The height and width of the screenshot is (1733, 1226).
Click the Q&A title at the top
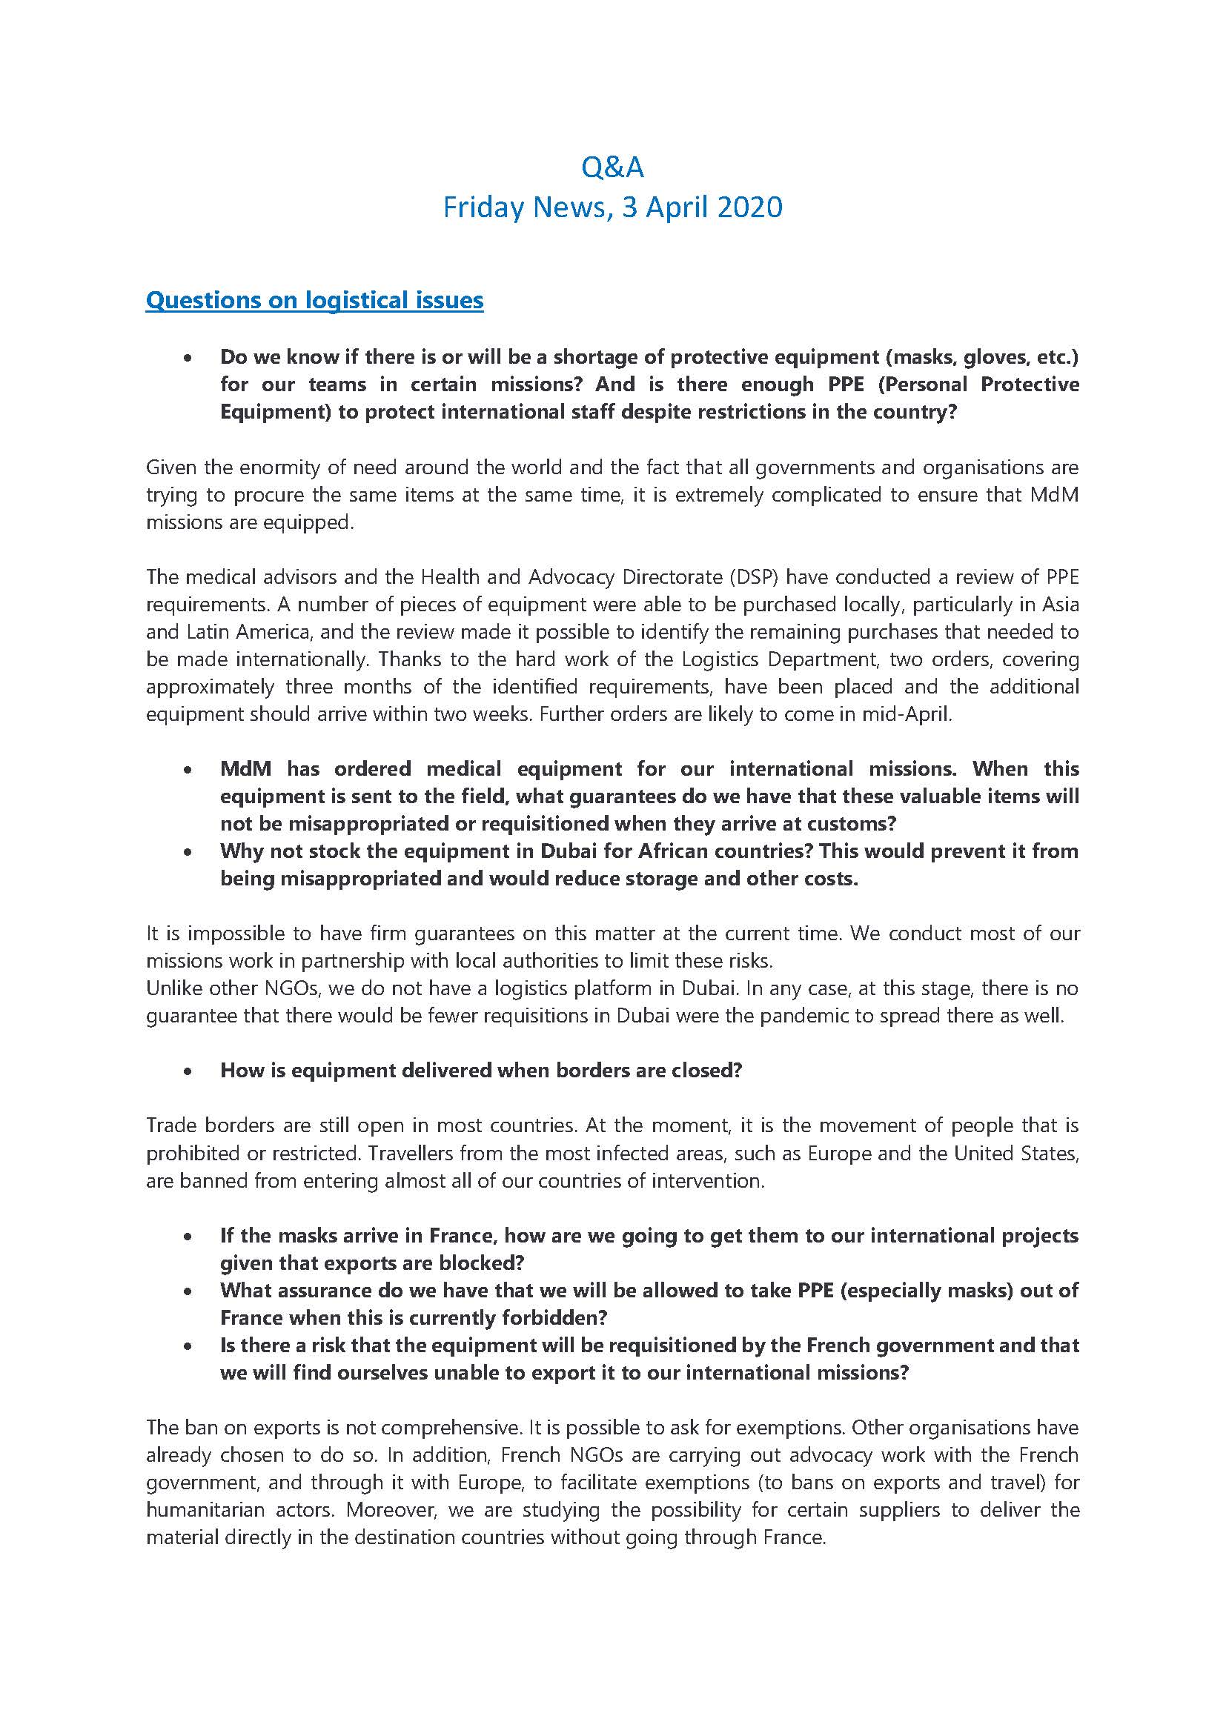pos(612,167)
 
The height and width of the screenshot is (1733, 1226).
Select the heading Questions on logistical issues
pos(314,299)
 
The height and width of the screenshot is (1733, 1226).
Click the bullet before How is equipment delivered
pos(187,1071)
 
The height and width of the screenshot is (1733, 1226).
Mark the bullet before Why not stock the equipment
pos(187,851)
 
